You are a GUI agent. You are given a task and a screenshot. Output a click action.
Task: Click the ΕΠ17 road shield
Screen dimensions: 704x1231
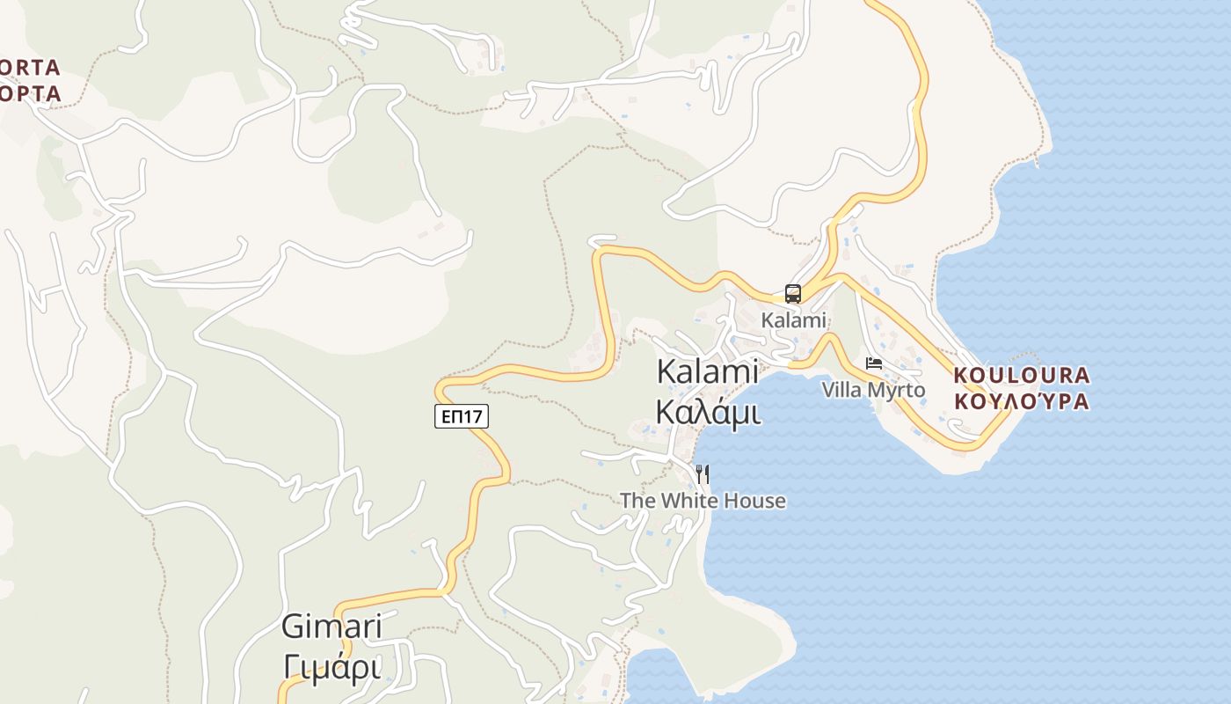pos(461,416)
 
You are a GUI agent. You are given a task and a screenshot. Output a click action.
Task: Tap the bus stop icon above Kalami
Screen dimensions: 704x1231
pos(792,294)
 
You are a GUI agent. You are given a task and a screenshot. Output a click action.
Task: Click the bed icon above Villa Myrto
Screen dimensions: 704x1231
pos(873,363)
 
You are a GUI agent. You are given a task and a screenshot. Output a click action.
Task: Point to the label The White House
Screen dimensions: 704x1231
pos(703,501)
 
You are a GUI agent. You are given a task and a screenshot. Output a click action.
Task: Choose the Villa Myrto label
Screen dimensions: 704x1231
pos(873,390)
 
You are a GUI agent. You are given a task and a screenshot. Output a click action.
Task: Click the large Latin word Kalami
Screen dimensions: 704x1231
pos(708,371)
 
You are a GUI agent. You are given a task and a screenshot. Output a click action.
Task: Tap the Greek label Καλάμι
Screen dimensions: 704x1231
pos(708,411)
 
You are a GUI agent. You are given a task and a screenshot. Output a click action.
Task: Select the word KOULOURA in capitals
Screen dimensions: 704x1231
pos(1022,376)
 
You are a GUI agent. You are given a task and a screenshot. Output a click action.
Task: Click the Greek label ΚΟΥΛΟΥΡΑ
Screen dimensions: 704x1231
pos(1022,402)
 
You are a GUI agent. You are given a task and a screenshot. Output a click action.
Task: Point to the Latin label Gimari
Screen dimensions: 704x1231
pos(331,627)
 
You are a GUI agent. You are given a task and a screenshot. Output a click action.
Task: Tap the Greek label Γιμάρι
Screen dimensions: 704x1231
pos(332,668)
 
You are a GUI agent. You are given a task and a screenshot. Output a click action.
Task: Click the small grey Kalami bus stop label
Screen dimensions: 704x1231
pos(794,320)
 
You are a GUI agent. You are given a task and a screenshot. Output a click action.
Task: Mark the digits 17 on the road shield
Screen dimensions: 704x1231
pos(475,416)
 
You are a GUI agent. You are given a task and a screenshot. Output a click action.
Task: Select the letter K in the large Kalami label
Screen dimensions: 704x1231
pos(666,371)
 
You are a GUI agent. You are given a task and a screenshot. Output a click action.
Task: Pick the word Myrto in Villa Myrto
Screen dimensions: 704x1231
pos(898,390)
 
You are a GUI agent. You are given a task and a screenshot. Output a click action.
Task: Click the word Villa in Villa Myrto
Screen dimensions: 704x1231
pos(841,390)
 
